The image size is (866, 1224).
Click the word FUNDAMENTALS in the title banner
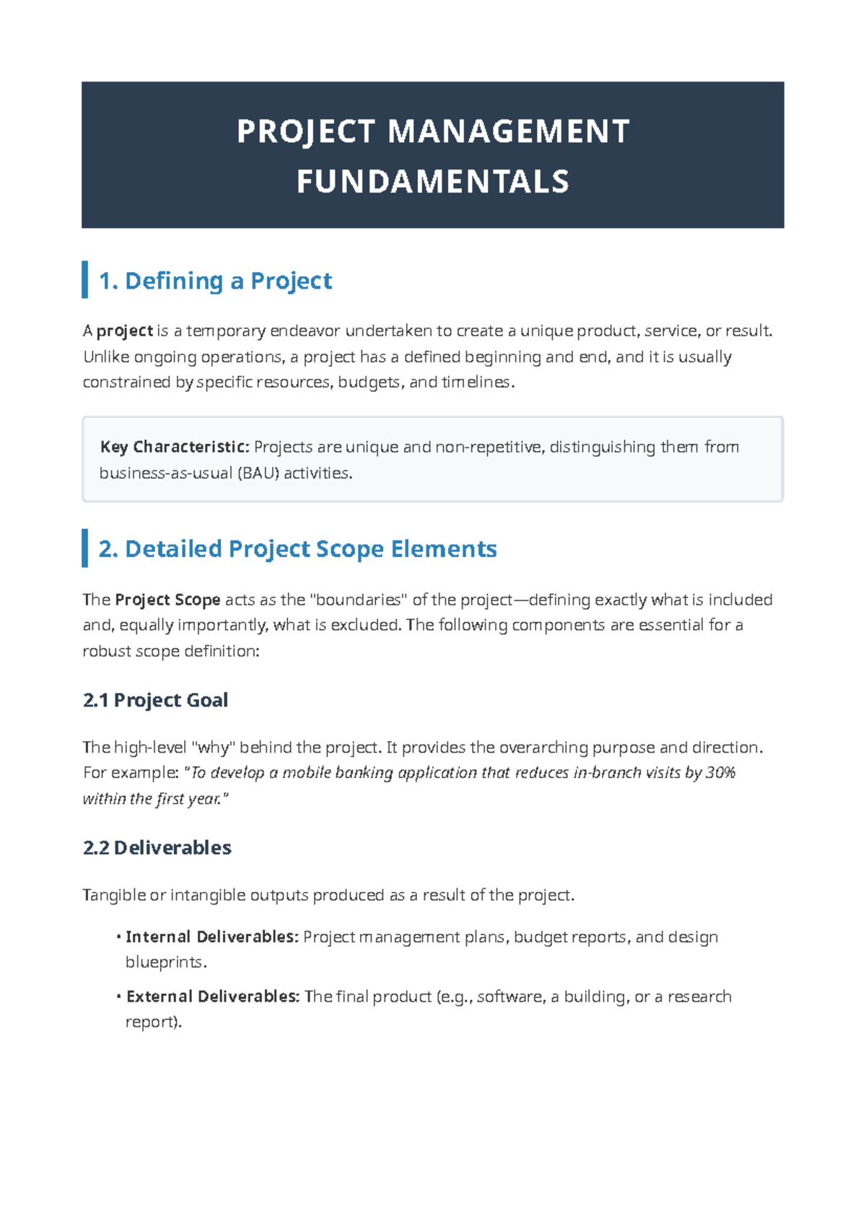(433, 182)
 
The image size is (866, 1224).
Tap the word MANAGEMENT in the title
(509, 132)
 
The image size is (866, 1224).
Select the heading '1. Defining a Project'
(215, 280)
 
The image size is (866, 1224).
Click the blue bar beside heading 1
(85, 280)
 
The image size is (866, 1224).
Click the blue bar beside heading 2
(85, 548)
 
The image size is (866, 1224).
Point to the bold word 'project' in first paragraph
(125, 331)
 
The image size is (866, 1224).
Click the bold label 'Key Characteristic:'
(175, 447)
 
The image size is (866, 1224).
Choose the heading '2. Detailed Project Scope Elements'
(297, 548)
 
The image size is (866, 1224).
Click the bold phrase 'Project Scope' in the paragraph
(167, 600)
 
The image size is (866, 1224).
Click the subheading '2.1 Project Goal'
(155, 700)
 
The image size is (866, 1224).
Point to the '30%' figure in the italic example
(720, 773)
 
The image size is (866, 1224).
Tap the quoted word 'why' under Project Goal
(213, 748)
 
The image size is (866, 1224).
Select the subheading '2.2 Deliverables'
(157, 847)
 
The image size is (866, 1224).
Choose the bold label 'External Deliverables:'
(213, 997)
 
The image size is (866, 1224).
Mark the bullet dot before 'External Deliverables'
(118, 997)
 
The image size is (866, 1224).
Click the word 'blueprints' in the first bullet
(165, 963)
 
